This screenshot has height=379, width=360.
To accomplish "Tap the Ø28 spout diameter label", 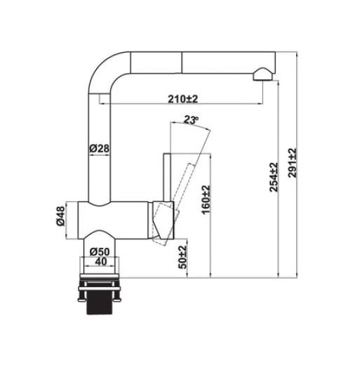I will point(98,148).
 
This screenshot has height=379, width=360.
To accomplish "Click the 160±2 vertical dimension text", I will point(205,201).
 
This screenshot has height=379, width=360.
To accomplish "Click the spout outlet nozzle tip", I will point(262,74).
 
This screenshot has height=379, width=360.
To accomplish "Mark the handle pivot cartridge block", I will point(163,220).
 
